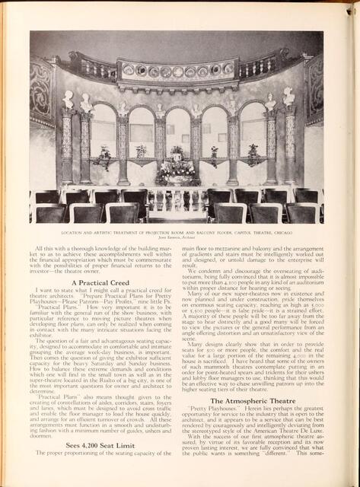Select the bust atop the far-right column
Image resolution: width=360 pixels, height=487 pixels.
coord(288,97)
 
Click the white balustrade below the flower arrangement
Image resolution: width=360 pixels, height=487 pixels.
coord(176,197)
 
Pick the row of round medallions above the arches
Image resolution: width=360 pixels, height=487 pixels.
coord(177,71)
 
